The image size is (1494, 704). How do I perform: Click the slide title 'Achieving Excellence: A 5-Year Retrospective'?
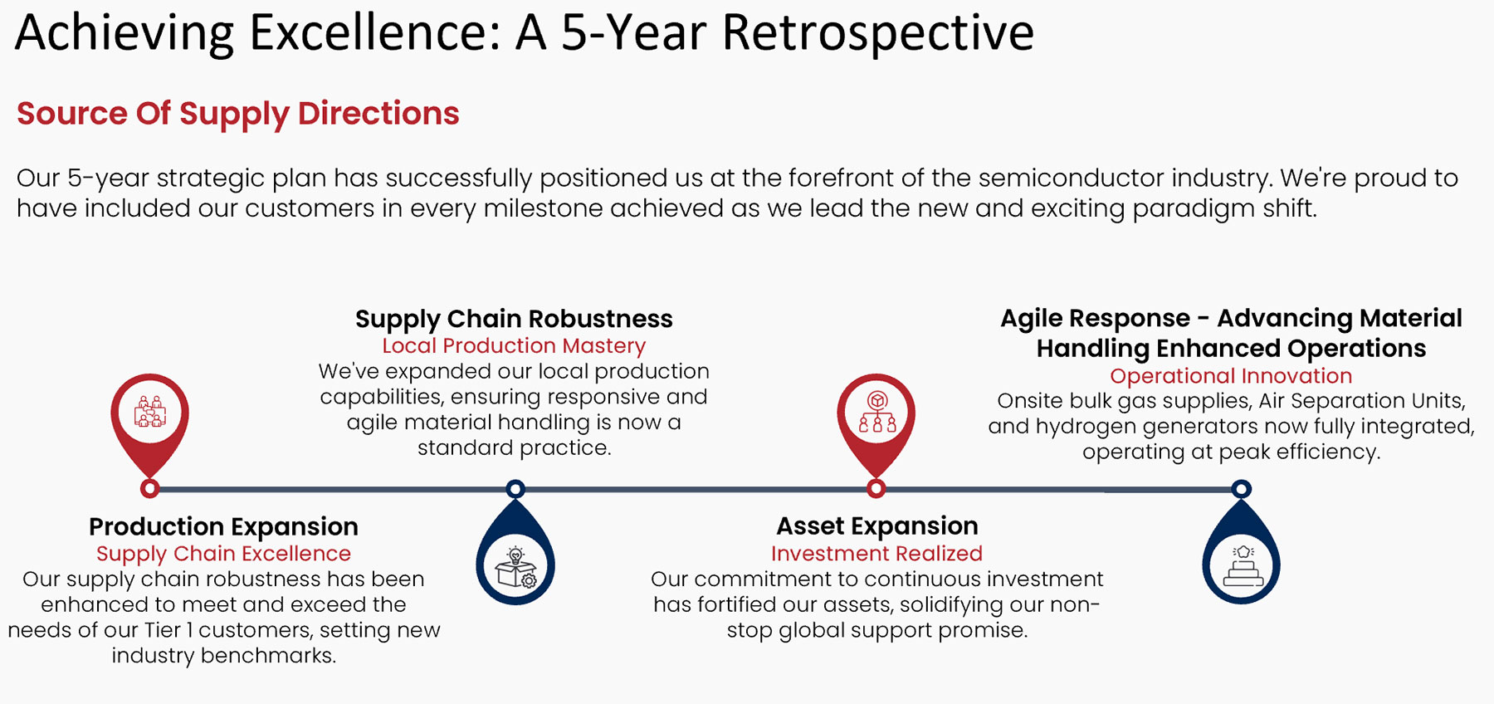(525, 33)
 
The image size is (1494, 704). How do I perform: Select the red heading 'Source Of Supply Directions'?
(238, 114)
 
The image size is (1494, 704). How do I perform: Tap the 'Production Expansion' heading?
(223, 526)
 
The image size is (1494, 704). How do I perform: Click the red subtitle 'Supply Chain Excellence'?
(223, 554)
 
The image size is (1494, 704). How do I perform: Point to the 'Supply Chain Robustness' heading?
(514, 319)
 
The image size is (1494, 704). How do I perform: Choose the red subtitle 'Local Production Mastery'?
(514, 346)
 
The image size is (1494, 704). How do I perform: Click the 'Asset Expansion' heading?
(877, 526)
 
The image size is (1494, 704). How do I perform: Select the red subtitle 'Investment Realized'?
(876, 554)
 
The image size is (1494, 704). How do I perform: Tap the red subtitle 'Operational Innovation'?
(1231, 376)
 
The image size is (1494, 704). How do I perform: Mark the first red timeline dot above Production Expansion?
(149, 489)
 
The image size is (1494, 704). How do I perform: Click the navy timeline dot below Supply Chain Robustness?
(515, 489)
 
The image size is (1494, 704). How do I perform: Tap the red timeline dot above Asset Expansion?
(876, 489)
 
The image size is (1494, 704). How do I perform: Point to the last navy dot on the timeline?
(1241, 489)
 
